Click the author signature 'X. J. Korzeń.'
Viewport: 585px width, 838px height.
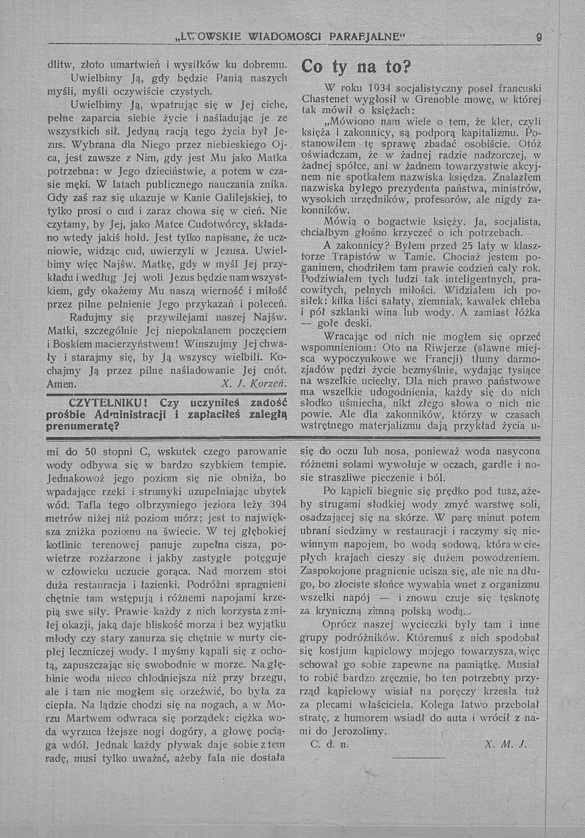click(x=254, y=384)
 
